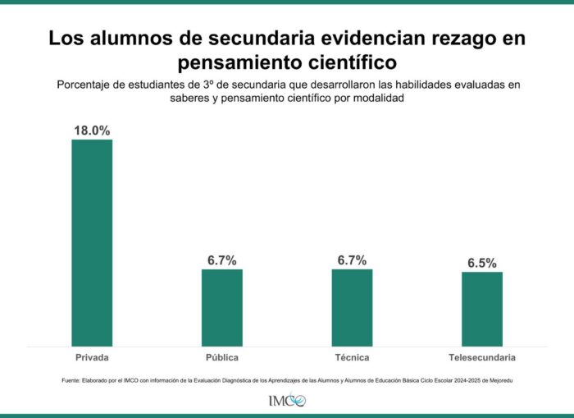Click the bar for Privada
pos(92,242)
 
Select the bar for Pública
pos(222,307)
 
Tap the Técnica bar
pos(352,307)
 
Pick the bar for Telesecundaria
pos(482,308)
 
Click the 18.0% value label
pos(92,131)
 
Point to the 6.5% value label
pos(482,263)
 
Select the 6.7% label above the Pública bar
pos(222,260)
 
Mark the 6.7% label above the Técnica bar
pos(352,260)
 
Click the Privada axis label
pos(92,358)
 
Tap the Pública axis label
pos(222,358)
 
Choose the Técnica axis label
pos(352,358)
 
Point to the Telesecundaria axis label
pos(482,358)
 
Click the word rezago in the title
pos(464,38)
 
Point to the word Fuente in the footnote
pos(71,380)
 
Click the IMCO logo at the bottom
pos(286,401)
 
